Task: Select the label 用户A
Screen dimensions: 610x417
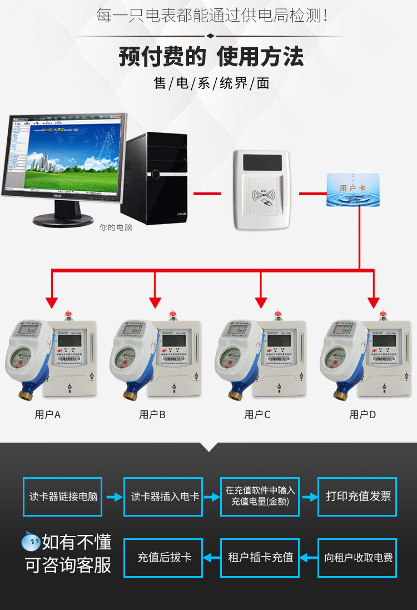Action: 48,415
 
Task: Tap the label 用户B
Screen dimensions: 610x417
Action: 152,415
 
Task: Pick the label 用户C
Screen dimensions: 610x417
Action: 257,415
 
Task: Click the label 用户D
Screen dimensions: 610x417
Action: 363,415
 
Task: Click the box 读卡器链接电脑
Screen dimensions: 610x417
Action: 63,497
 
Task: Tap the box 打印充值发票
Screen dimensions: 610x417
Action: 357,497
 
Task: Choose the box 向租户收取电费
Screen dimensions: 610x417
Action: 357,558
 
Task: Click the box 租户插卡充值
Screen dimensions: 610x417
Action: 260,558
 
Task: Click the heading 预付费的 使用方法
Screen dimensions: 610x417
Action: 211,57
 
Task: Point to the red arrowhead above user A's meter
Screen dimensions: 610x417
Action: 52,302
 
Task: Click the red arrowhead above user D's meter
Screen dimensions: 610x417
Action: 373,302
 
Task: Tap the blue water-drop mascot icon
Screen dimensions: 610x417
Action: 31,541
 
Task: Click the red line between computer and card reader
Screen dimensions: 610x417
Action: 207,194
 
